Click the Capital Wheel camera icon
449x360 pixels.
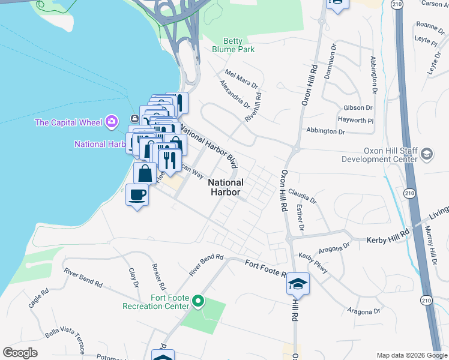(111, 122)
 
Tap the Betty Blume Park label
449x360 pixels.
(233, 45)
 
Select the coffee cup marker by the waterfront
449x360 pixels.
(137, 195)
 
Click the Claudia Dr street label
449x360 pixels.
(301, 193)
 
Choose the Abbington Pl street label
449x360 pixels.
(324, 130)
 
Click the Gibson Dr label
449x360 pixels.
(358, 107)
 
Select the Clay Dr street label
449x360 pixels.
(133, 277)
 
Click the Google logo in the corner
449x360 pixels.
(20, 353)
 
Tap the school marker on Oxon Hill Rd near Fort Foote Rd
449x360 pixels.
(298, 284)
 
